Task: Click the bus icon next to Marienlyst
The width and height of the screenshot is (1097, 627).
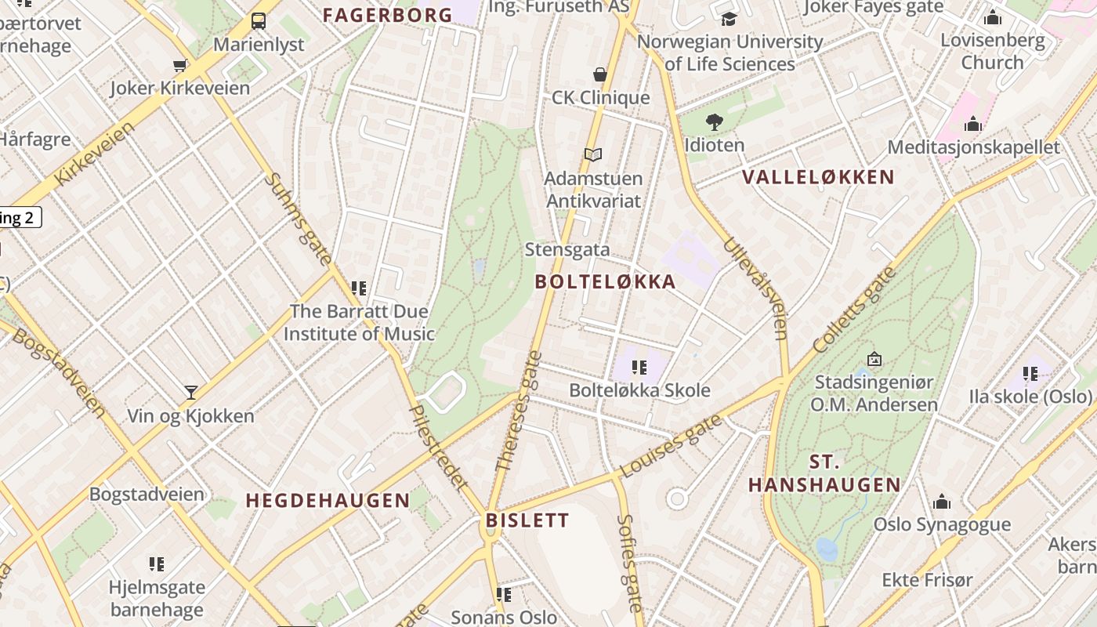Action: (258, 20)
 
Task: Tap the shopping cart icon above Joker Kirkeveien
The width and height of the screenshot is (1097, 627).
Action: (180, 66)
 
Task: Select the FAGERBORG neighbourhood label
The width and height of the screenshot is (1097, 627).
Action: (388, 15)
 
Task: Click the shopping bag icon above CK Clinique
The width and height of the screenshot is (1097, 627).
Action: (600, 74)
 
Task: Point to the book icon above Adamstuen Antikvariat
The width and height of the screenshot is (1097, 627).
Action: (594, 155)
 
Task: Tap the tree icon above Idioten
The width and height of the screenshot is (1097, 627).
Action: (714, 122)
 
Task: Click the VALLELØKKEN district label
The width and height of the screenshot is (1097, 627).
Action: (818, 177)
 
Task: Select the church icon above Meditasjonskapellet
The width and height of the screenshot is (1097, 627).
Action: (973, 124)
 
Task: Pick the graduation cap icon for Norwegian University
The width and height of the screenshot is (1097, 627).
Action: (730, 19)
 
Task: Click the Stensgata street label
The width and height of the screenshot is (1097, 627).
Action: (567, 250)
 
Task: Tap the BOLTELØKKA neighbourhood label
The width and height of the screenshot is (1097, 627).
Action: (605, 282)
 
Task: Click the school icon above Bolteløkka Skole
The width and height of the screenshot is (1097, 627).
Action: (639, 367)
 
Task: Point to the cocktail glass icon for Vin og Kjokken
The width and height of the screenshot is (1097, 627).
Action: (191, 392)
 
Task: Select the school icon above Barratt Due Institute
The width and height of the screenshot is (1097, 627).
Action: (359, 288)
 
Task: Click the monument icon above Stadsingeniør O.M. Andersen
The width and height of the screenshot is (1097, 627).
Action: (874, 359)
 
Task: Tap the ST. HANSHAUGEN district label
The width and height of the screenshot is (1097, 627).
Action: (824, 473)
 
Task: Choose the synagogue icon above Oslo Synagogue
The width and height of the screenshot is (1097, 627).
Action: (942, 502)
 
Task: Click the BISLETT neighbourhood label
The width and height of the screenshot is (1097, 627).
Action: (527, 520)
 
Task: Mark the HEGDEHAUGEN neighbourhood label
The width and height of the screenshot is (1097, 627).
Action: (328, 501)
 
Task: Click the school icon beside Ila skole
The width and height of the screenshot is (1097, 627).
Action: (1030, 374)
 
